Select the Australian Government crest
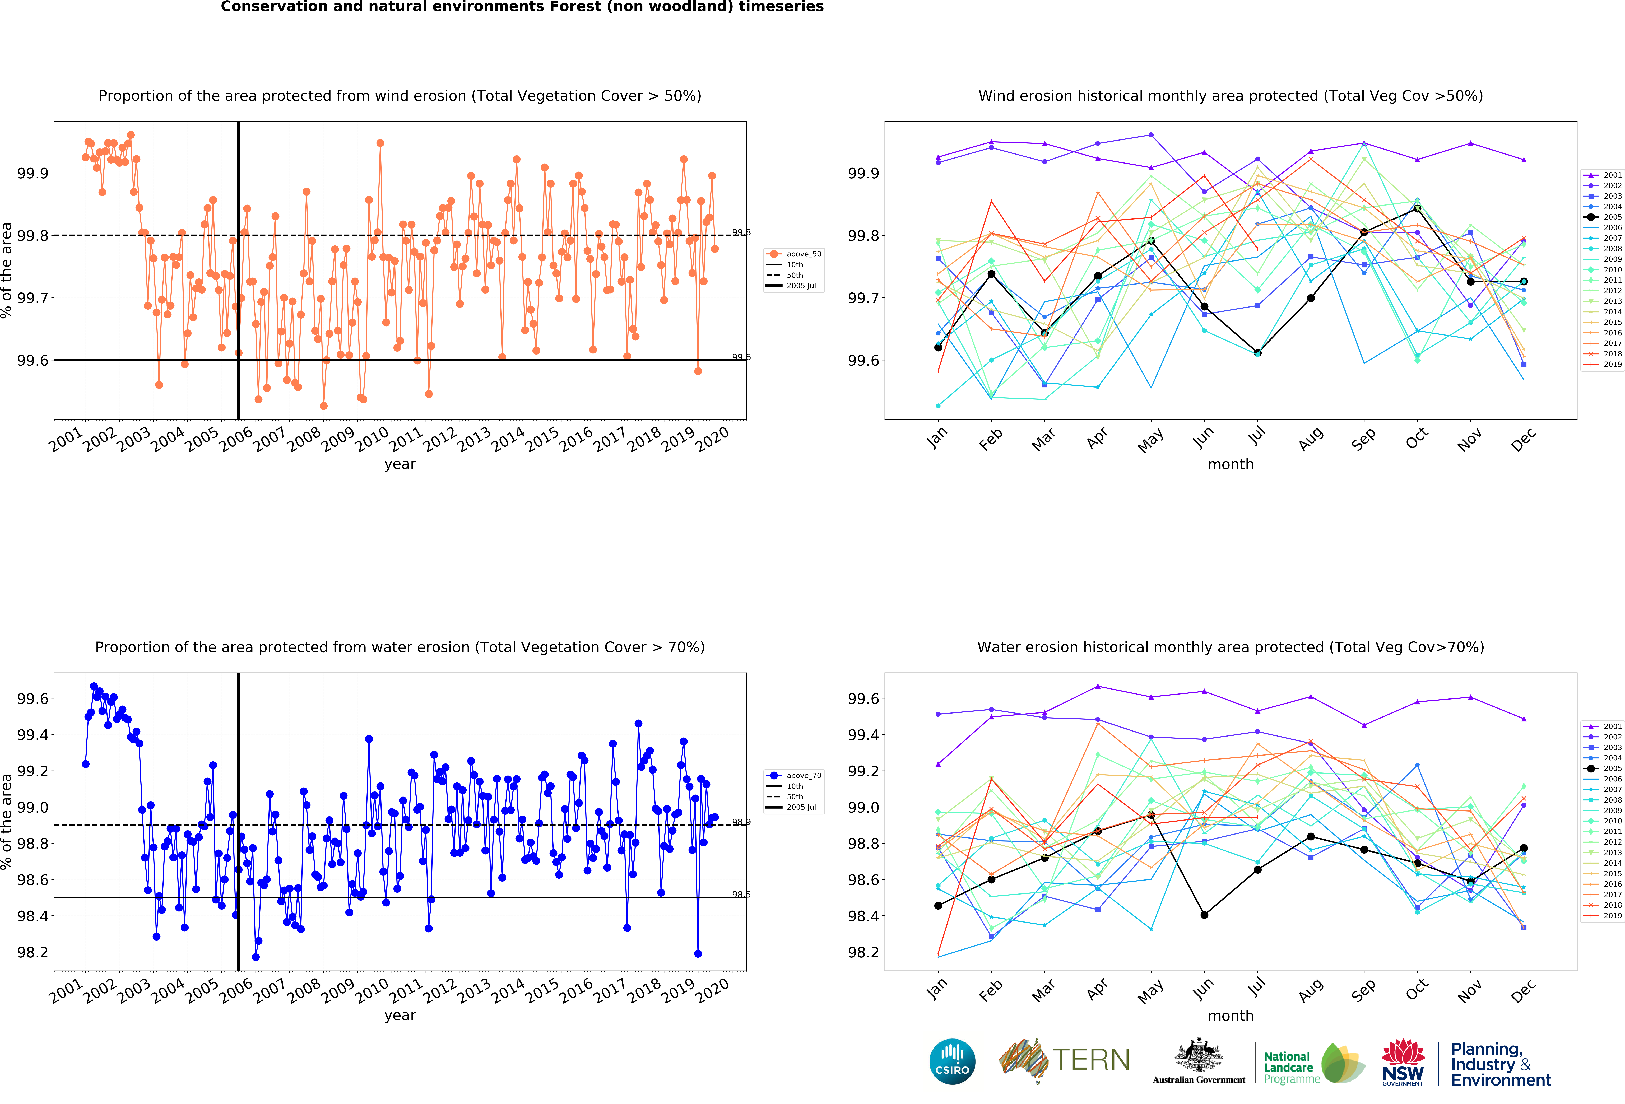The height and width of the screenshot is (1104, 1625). click(x=1199, y=1056)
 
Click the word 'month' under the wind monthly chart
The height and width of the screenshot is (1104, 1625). click(x=1231, y=464)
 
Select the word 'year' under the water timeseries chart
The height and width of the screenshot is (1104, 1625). click(x=400, y=1015)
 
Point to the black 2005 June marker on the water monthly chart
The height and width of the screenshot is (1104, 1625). click(x=1204, y=915)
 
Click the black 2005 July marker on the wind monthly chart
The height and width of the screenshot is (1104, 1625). click(x=1257, y=353)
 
